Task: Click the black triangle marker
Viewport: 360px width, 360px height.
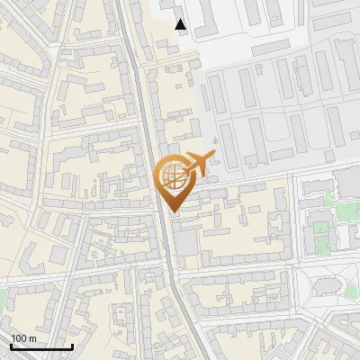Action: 182,24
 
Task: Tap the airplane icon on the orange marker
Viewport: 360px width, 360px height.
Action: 199,164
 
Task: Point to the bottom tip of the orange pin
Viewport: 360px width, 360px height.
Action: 174,212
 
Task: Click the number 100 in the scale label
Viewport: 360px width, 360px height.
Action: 20,338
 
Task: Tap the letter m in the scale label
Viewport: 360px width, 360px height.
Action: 32,338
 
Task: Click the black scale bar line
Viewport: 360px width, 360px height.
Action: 41,346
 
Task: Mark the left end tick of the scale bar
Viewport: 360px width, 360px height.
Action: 11,345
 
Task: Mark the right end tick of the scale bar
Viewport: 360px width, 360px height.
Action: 72,345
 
